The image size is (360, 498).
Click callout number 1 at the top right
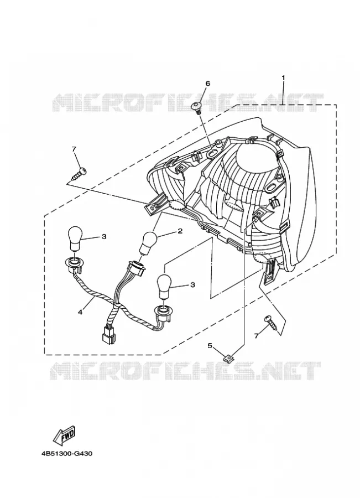(283, 77)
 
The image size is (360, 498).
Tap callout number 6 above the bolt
(207, 84)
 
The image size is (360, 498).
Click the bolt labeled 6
(197, 107)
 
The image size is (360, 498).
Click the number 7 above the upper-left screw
(74, 149)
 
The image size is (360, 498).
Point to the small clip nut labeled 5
(229, 358)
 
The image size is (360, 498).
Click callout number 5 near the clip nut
(210, 345)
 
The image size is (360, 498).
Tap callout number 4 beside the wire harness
(80, 312)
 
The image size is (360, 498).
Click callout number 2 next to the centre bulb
(180, 231)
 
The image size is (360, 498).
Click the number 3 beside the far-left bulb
(104, 237)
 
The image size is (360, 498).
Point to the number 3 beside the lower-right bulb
(192, 285)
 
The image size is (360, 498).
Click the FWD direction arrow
(65, 435)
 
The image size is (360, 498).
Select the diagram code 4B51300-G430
(67, 454)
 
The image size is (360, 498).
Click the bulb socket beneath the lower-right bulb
(163, 310)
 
